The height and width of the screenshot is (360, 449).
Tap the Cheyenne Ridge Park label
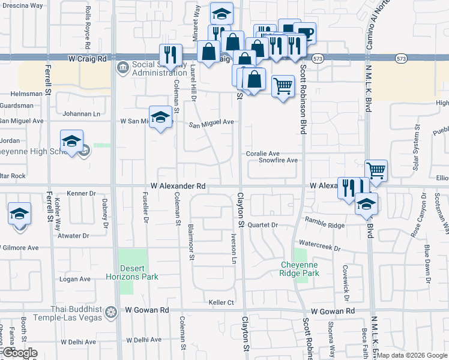click(299, 268)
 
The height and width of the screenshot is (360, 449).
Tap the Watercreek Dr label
click(319, 247)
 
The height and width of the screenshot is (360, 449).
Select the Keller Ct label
click(220, 302)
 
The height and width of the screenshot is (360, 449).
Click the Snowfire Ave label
click(278, 161)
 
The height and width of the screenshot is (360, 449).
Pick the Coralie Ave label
click(263, 154)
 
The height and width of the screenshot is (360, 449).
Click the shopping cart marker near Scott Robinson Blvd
click(283, 86)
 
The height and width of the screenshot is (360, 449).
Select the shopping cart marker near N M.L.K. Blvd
click(376, 170)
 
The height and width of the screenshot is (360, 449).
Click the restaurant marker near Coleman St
click(171, 55)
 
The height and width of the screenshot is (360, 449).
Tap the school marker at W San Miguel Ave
click(160, 117)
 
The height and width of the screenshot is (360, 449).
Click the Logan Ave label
click(75, 279)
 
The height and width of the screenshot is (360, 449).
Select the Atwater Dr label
click(74, 236)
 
